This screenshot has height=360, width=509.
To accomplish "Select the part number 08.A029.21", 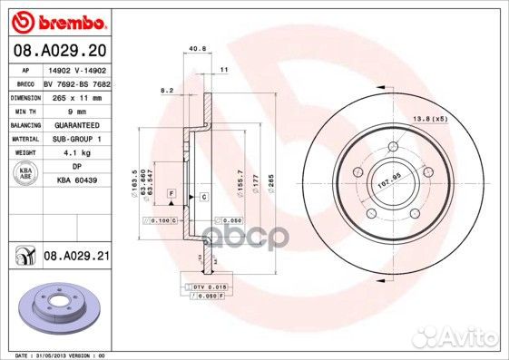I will (x=76, y=258).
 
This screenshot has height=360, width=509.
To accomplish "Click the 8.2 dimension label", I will (x=166, y=91).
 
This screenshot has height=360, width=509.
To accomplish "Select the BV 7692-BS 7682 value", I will (x=76, y=83).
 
